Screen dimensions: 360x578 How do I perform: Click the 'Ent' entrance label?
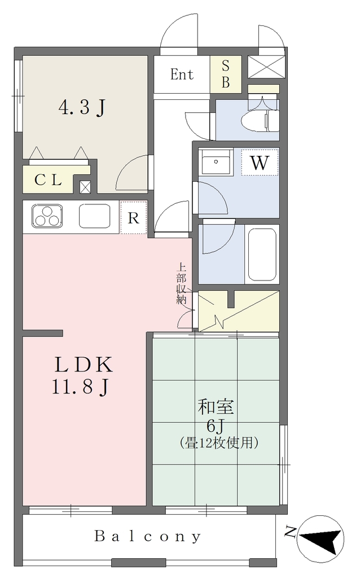[182, 75]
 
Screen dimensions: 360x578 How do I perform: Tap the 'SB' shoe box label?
[226, 74]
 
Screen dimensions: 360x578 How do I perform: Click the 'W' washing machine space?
[260, 162]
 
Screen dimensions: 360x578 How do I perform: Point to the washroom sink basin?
[216, 162]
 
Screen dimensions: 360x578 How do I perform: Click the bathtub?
[262, 255]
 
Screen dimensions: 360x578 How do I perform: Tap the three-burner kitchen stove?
[47, 216]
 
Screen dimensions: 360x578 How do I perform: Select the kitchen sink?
[95, 216]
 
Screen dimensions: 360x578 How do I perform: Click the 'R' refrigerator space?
[133, 218]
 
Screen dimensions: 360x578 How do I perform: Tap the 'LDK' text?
[84, 365]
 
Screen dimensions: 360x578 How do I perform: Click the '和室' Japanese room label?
[216, 407]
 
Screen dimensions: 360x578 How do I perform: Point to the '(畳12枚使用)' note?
[218, 442]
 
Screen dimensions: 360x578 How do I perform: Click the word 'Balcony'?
[148, 536]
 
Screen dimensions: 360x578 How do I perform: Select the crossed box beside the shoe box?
[266, 67]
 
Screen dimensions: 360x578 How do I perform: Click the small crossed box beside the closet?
[85, 187]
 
